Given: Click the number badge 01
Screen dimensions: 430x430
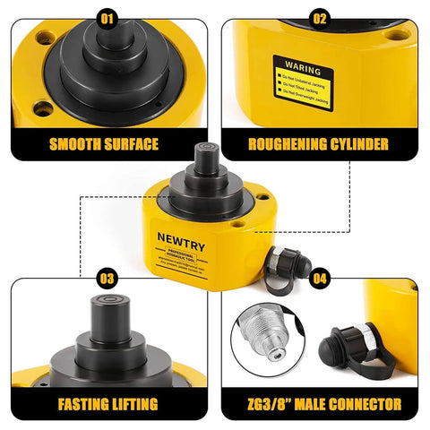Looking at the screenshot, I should click(x=107, y=16).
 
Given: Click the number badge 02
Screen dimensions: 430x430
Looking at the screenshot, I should click(x=320, y=16).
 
